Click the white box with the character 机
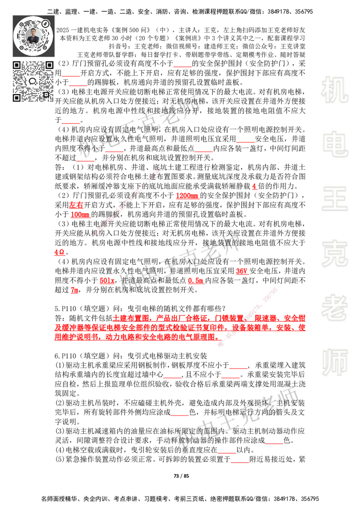[334, 90]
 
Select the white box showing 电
[336, 144]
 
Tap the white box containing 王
[334, 199]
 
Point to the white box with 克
[334, 254]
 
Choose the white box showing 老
[334, 308]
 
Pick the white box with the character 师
[334, 363]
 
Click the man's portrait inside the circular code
[34, 36]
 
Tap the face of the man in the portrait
[34, 32]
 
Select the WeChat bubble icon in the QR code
[33, 81]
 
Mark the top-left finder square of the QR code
[17, 65]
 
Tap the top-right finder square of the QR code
[49, 65]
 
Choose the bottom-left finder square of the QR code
[17, 98]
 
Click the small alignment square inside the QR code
[45, 94]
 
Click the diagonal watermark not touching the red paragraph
[128, 202]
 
